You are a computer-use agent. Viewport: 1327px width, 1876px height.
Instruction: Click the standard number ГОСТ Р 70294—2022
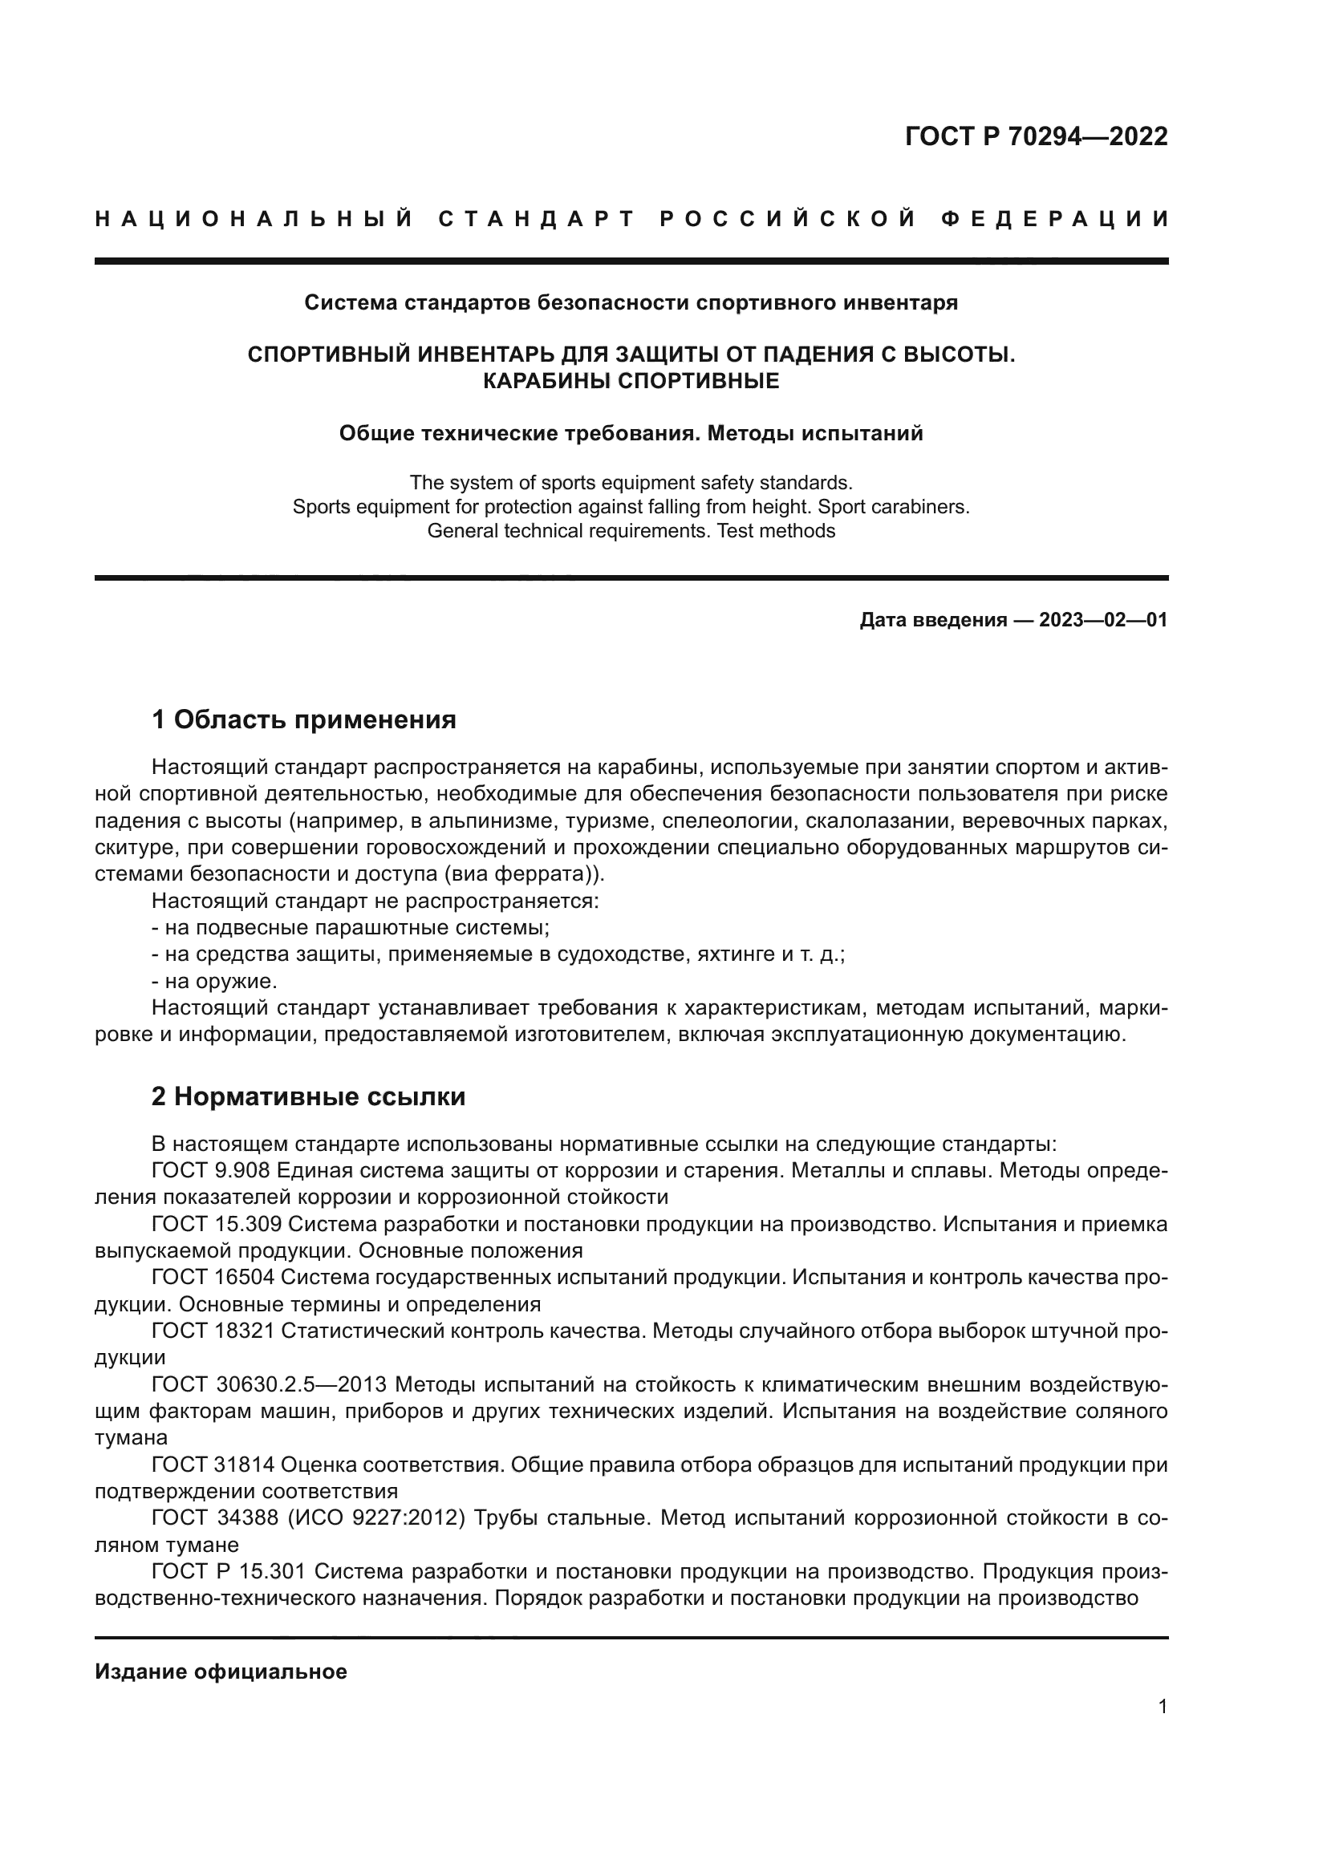click(1035, 136)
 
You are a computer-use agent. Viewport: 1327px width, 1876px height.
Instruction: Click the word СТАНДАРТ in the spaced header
click(536, 219)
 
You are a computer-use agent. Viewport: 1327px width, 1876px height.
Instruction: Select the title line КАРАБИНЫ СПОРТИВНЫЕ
click(631, 381)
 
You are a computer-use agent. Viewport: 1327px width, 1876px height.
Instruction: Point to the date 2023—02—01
click(1102, 620)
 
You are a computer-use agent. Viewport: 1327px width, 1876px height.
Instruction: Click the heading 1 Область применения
click(303, 719)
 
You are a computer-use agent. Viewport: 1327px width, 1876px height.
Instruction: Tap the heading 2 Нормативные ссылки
click(308, 1096)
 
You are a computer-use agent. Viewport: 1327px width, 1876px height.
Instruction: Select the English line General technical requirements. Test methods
click(631, 531)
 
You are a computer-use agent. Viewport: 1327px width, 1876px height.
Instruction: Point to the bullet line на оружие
click(215, 981)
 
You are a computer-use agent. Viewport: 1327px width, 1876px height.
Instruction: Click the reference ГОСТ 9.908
click(211, 1171)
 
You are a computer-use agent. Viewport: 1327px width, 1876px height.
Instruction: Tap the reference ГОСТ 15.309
click(217, 1224)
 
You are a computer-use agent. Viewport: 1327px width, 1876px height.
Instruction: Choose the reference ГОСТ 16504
click(212, 1278)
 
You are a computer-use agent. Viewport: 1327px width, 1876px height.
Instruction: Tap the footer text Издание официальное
click(221, 1671)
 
